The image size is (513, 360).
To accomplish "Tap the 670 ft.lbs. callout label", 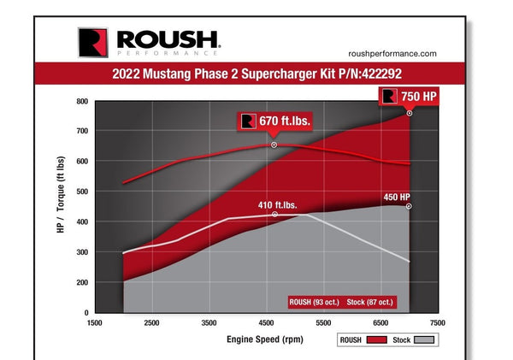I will click(x=275, y=121).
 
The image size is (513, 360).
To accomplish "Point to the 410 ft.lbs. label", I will click(x=279, y=204).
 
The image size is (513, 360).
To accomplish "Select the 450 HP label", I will click(x=397, y=197).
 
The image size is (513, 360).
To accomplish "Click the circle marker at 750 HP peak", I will click(x=410, y=113).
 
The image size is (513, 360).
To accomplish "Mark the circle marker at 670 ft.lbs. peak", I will click(x=274, y=145).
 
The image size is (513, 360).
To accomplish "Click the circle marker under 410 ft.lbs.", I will click(x=274, y=215).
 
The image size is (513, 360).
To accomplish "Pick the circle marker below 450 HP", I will click(x=410, y=206).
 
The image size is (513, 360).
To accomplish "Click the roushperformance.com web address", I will click(x=394, y=53).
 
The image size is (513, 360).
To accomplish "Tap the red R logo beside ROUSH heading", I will click(x=91, y=41).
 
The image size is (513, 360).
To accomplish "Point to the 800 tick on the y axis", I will click(x=82, y=101).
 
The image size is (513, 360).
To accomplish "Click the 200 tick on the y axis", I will click(x=82, y=282).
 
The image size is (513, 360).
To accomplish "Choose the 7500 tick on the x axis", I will click(x=437, y=323).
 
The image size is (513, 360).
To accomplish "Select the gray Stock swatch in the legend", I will click(x=425, y=340).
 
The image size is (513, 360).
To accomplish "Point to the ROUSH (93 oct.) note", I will click(x=316, y=301).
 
